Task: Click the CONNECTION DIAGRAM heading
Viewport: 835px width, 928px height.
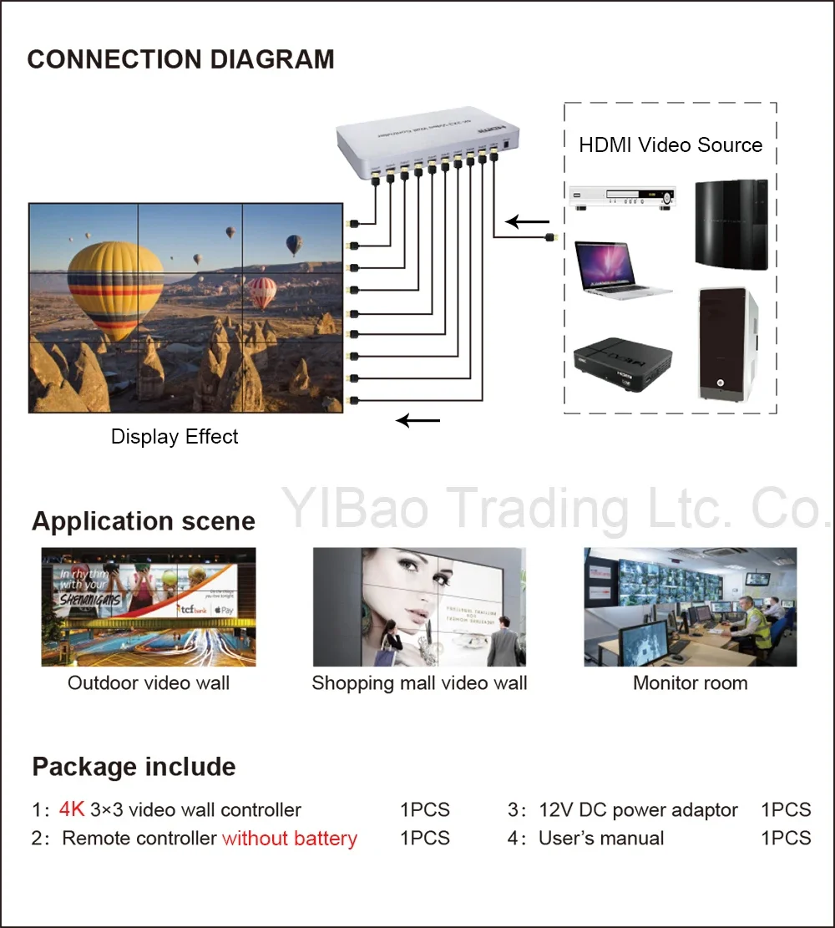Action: tap(180, 60)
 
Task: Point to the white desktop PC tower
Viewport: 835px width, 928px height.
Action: tap(727, 342)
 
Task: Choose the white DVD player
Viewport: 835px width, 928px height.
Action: tap(620, 198)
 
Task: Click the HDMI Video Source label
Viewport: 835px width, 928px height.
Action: tap(671, 145)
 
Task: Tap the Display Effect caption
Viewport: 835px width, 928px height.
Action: tap(175, 437)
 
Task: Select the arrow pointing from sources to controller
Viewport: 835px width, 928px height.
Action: tap(528, 222)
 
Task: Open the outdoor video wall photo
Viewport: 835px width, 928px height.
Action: tap(149, 606)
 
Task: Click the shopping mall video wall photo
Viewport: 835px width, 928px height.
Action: tap(419, 606)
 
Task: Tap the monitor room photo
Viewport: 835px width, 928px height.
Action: tap(690, 606)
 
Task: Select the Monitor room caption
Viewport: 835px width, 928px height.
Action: tap(690, 683)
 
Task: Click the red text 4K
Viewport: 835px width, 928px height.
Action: tap(72, 809)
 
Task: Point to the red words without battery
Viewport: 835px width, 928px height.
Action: tap(290, 839)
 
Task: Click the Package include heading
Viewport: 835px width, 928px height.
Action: tap(134, 767)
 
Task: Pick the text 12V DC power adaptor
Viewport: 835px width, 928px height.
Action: tap(638, 810)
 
